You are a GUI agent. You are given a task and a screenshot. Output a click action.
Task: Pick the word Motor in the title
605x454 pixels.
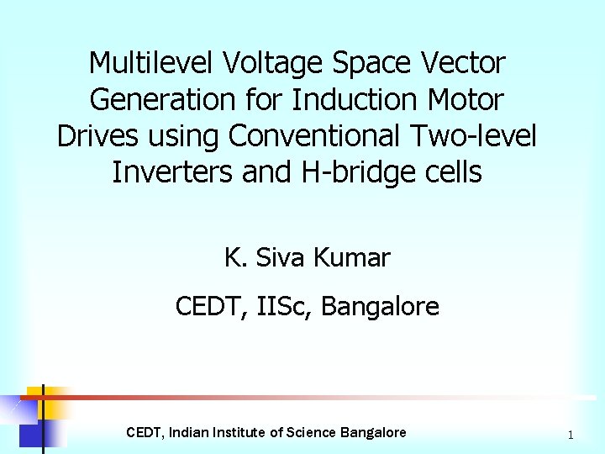461,100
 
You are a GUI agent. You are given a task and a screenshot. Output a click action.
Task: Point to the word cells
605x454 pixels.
451,173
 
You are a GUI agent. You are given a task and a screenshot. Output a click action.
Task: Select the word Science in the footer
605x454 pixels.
312,433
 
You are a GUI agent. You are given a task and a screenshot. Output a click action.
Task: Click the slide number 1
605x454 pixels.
571,435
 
